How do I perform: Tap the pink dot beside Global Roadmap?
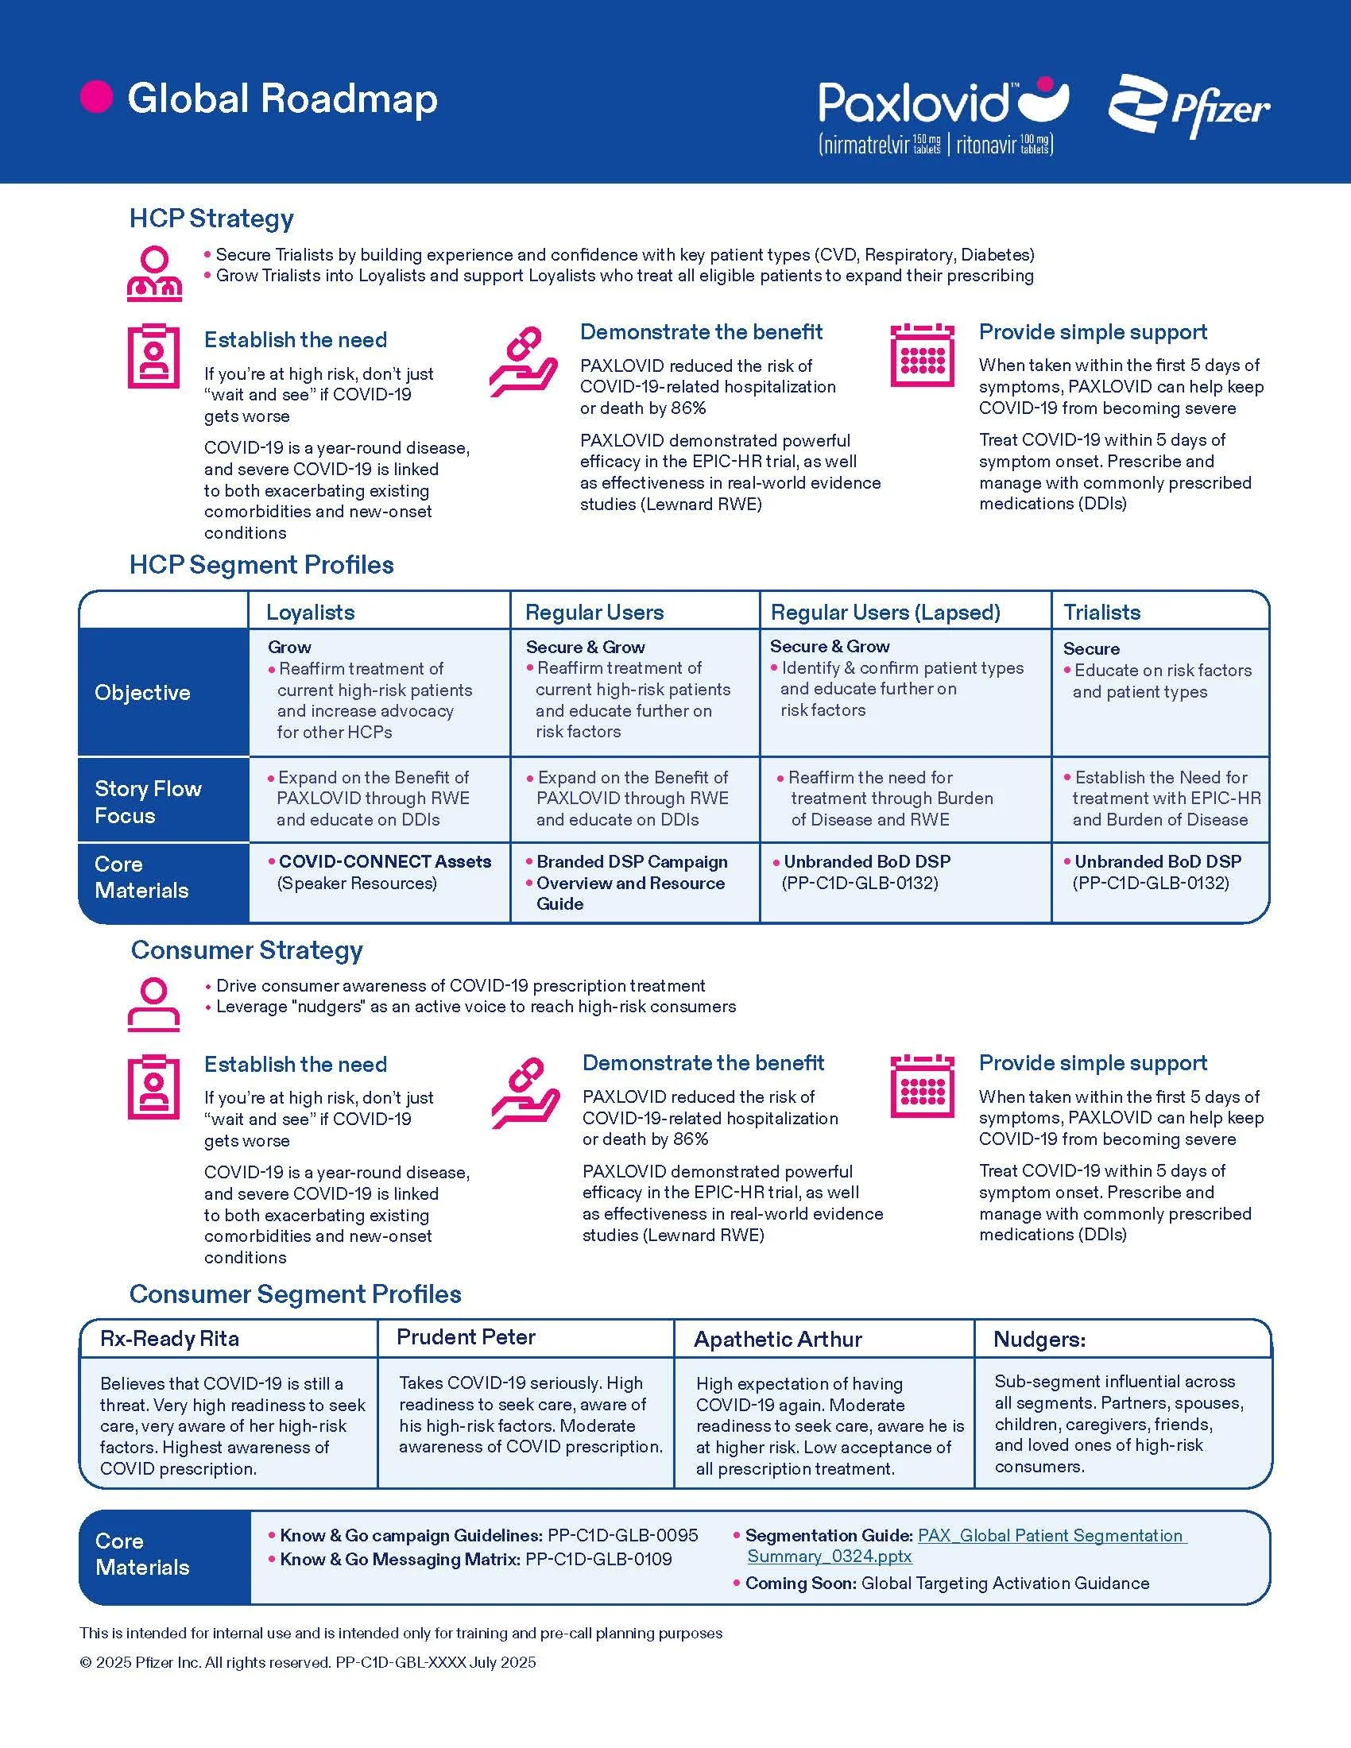(96, 97)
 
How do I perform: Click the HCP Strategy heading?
(211, 218)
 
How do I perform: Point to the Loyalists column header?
(310, 613)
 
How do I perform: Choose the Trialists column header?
(1101, 613)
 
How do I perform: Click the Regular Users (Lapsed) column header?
(885, 613)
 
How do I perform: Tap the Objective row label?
(142, 692)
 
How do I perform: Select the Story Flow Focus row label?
(148, 801)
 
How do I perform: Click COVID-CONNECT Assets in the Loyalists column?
(384, 861)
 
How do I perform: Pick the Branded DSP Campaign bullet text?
(632, 861)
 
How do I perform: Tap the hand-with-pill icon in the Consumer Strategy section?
(525, 1092)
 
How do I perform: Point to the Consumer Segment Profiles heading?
(296, 1294)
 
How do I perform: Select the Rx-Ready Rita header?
(170, 1338)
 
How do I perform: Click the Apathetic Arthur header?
(778, 1339)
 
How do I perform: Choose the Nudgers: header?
(1039, 1339)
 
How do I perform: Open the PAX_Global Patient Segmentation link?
(1051, 1535)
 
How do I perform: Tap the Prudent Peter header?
(466, 1336)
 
